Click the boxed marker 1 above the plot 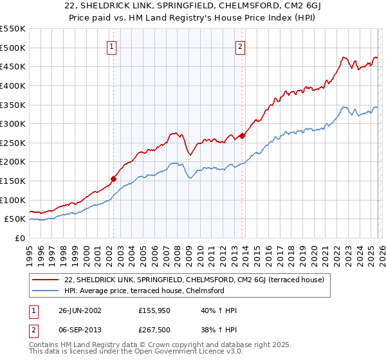point(112,46)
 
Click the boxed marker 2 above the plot point(240,46)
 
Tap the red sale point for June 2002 point(114,179)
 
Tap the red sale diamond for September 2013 point(242,136)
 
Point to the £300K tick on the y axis point(14,123)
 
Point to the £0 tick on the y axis point(20,238)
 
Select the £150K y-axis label point(14,181)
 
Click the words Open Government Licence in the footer point(178,353)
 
